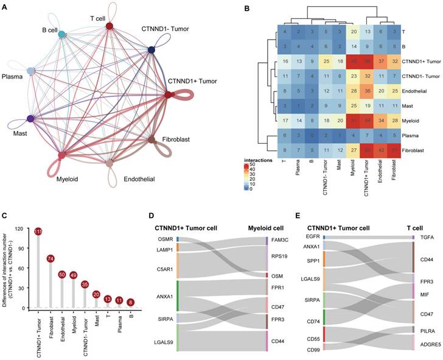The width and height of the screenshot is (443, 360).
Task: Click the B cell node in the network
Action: (62, 35)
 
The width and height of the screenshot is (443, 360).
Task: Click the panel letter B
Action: (229, 9)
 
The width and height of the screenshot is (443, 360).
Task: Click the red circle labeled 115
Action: (38, 232)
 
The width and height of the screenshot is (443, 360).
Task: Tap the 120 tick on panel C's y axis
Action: (25, 229)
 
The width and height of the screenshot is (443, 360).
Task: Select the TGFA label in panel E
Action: (427, 237)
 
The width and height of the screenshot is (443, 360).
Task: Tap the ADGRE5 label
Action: (431, 344)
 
